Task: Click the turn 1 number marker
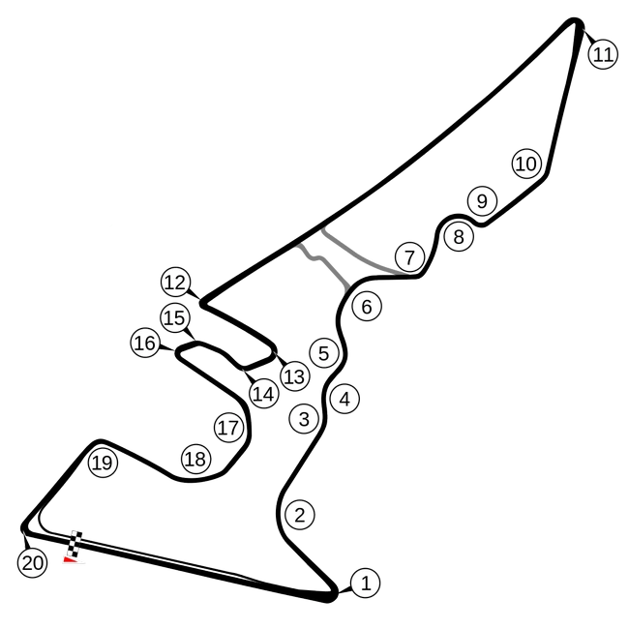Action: (x=365, y=583)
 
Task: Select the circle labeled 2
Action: (x=300, y=515)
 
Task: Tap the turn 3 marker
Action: (x=304, y=419)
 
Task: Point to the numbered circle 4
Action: (x=344, y=398)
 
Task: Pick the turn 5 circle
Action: (x=323, y=353)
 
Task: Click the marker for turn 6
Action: (x=367, y=307)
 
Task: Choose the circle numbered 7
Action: (x=409, y=257)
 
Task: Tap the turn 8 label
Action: (x=459, y=236)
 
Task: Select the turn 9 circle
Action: (x=481, y=201)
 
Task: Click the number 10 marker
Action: (x=525, y=164)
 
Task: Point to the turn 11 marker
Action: (x=603, y=54)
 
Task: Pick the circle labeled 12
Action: (x=175, y=283)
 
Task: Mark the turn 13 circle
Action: (x=294, y=375)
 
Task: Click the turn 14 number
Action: (x=263, y=394)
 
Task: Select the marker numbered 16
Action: (x=144, y=343)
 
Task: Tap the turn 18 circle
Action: (x=195, y=459)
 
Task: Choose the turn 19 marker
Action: (x=102, y=463)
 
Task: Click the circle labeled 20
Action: (x=32, y=563)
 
